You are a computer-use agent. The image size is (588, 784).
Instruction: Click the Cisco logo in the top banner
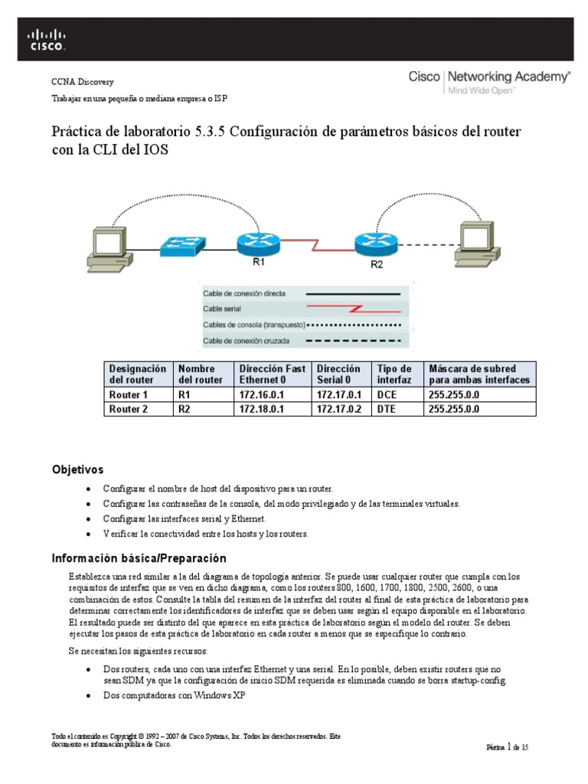(47, 39)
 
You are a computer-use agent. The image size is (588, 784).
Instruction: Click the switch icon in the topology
(182, 245)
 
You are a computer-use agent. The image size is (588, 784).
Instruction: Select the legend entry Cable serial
(223, 309)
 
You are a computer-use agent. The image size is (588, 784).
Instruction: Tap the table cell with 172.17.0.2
(337, 409)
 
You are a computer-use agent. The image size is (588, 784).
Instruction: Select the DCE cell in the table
(387, 394)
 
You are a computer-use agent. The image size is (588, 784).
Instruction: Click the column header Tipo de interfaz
(396, 374)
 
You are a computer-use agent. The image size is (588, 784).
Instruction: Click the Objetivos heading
(77, 469)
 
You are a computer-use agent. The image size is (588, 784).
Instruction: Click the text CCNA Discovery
(82, 82)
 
